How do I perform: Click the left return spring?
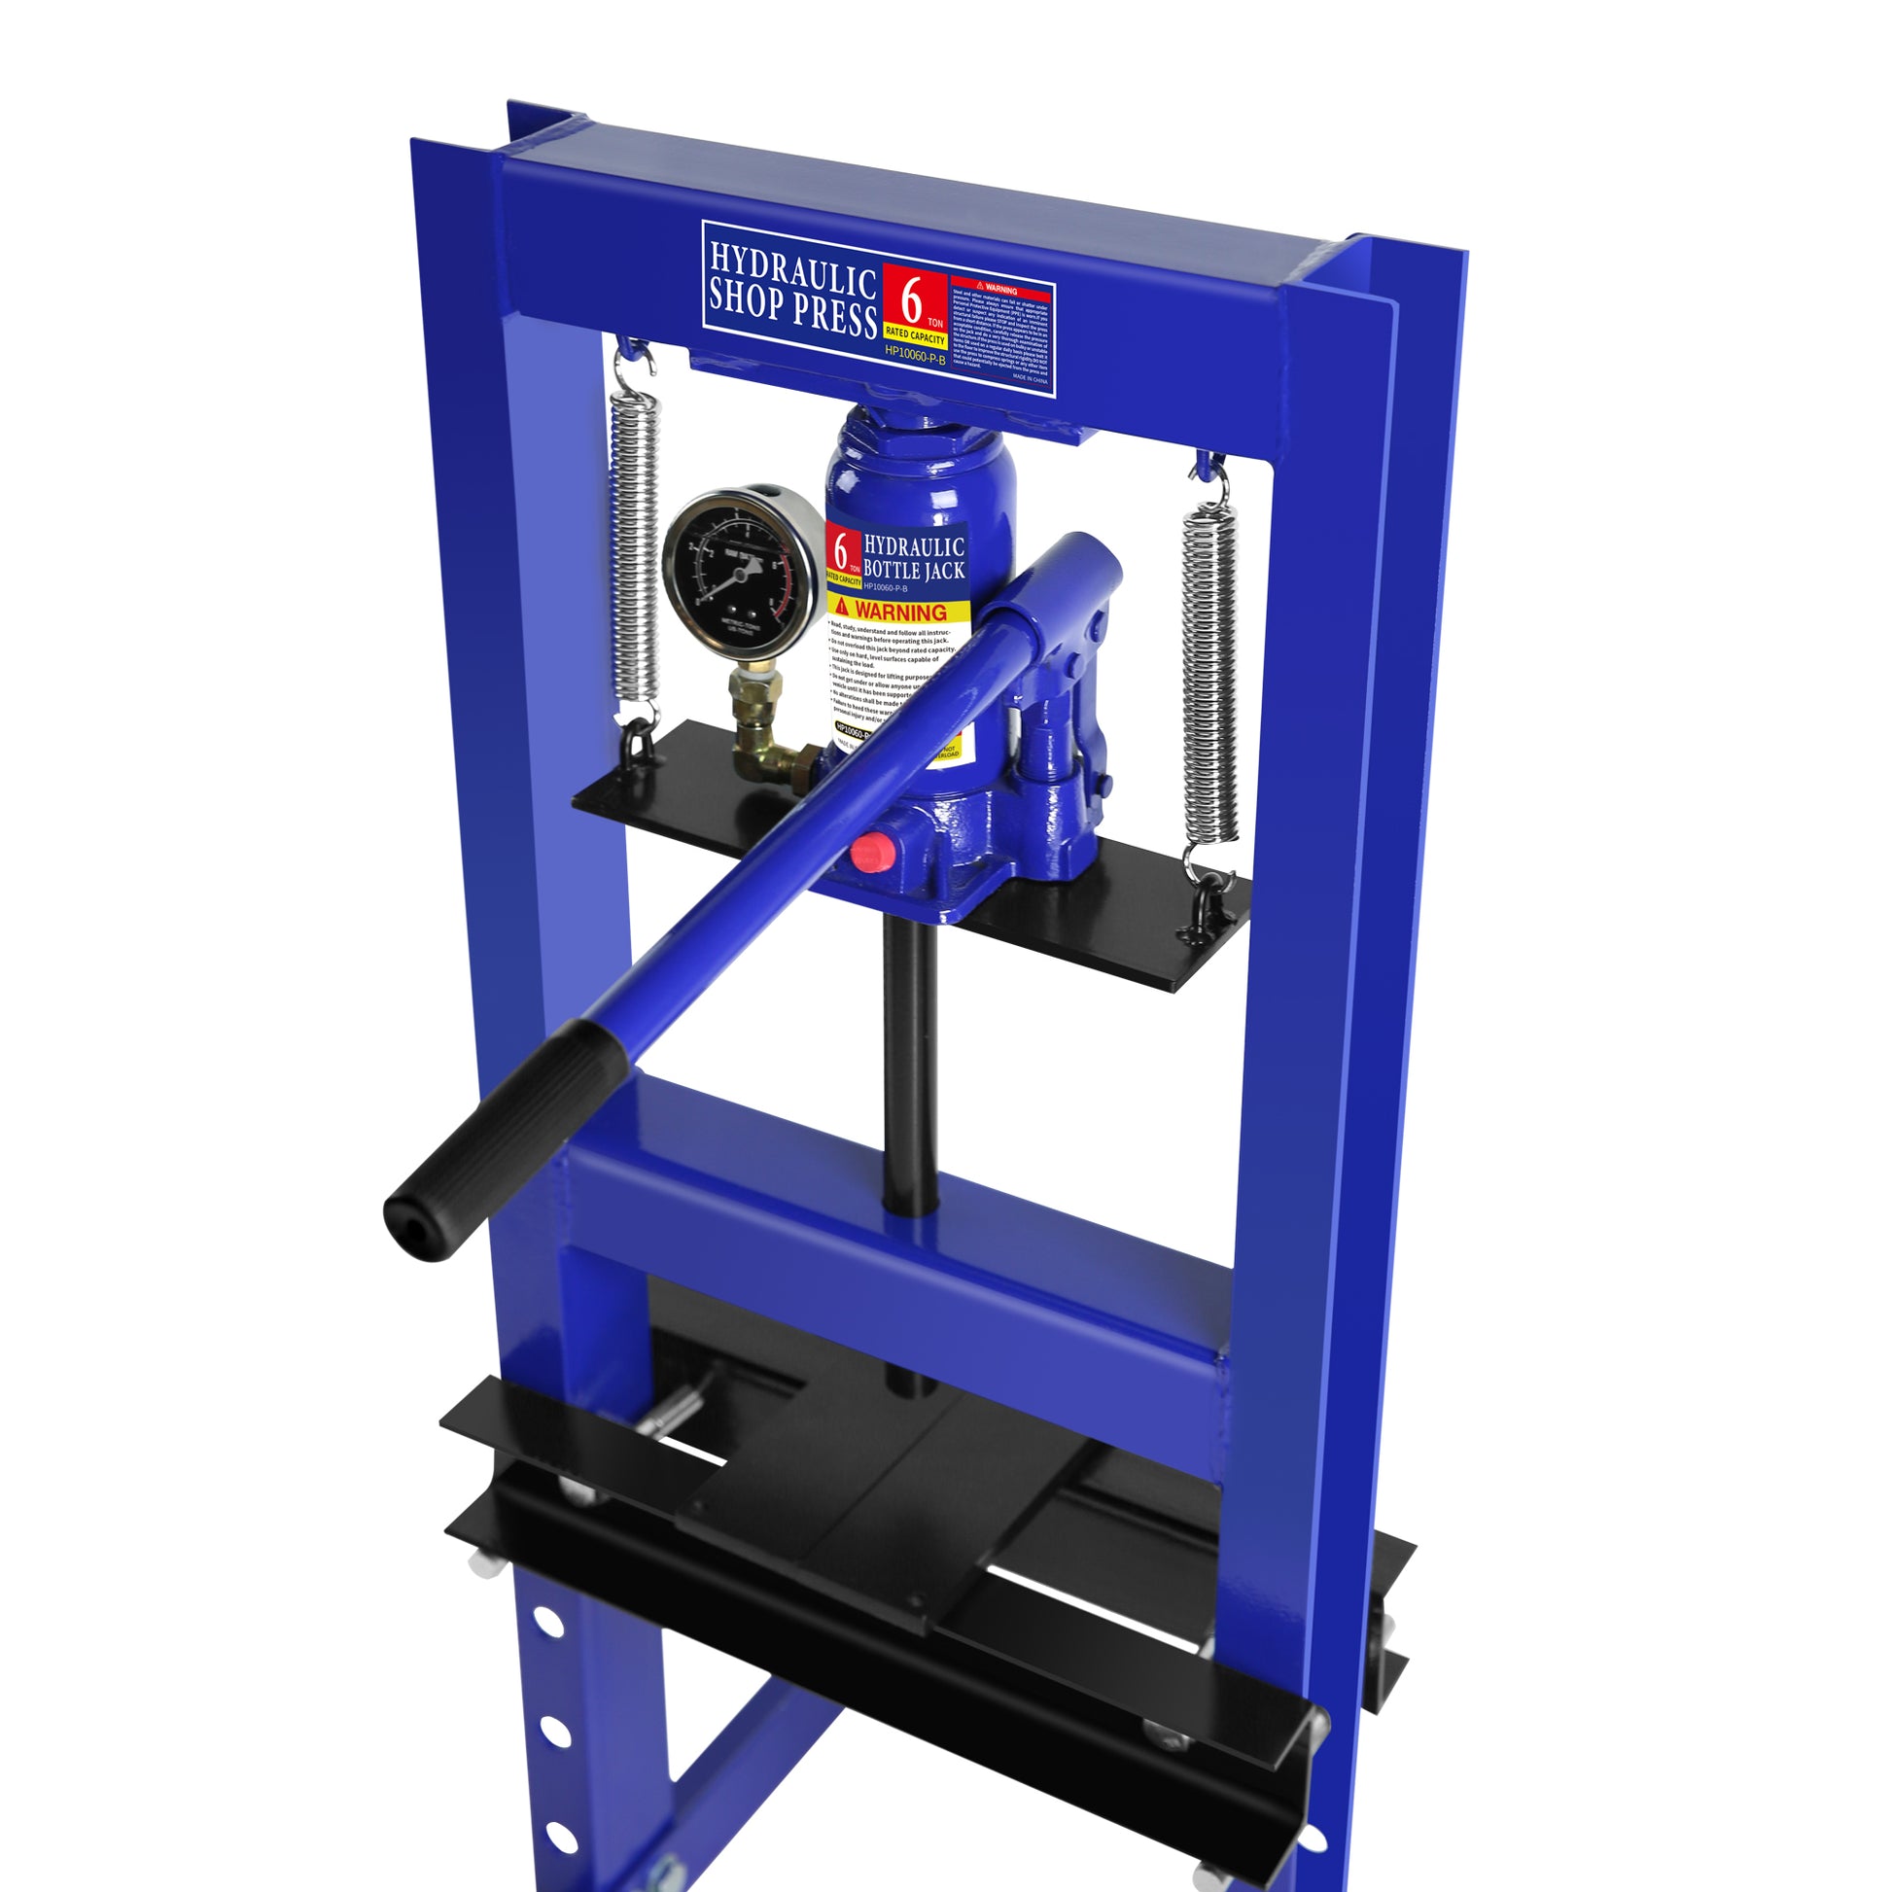point(634,544)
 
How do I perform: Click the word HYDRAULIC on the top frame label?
point(791,269)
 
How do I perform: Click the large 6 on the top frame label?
point(911,299)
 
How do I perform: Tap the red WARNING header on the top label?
point(999,290)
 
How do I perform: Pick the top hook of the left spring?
point(629,355)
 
